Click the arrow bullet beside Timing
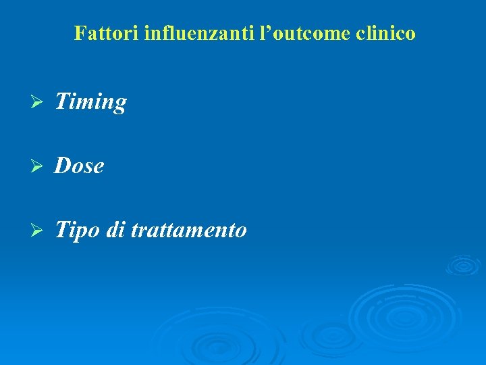[x=38, y=102]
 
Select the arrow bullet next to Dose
[x=38, y=166]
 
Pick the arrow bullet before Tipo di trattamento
[x=38, y=230]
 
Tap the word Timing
[x=90, y=102]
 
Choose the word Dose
[x=80, y=166]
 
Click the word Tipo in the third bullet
[x=77, y=230]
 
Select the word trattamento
[x=188, y=230]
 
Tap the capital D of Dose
[x=62, y=166]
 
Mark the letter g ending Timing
[x=119, y=105]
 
